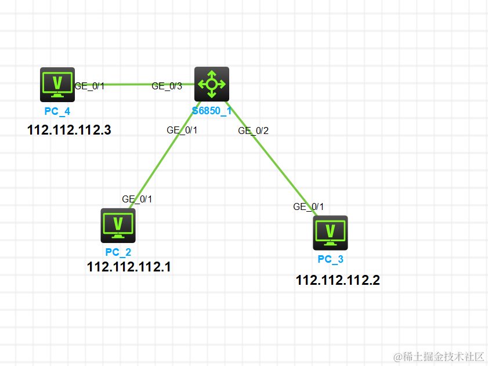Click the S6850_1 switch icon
pos(212,84)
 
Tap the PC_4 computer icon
pos(57,85)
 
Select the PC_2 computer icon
pos(118,226)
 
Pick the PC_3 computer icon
pos(330,233)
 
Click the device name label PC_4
pos(57,111)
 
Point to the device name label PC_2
pos(118,252)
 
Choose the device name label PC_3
pos(330,259)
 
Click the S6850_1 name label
pos(212,111)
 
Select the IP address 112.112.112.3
pos(69,130)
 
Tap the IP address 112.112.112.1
pos(129,267)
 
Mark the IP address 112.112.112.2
pos(338,281)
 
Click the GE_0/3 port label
pos(167,86)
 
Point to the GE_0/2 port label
pos(253,131)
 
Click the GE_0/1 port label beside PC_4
pos(89,86)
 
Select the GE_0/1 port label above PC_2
pos(137,199)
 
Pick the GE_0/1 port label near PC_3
pos(308,206)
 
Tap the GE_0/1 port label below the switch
pos(182,130)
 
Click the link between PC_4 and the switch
pos(128,84)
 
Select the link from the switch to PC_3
pos(273,160)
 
